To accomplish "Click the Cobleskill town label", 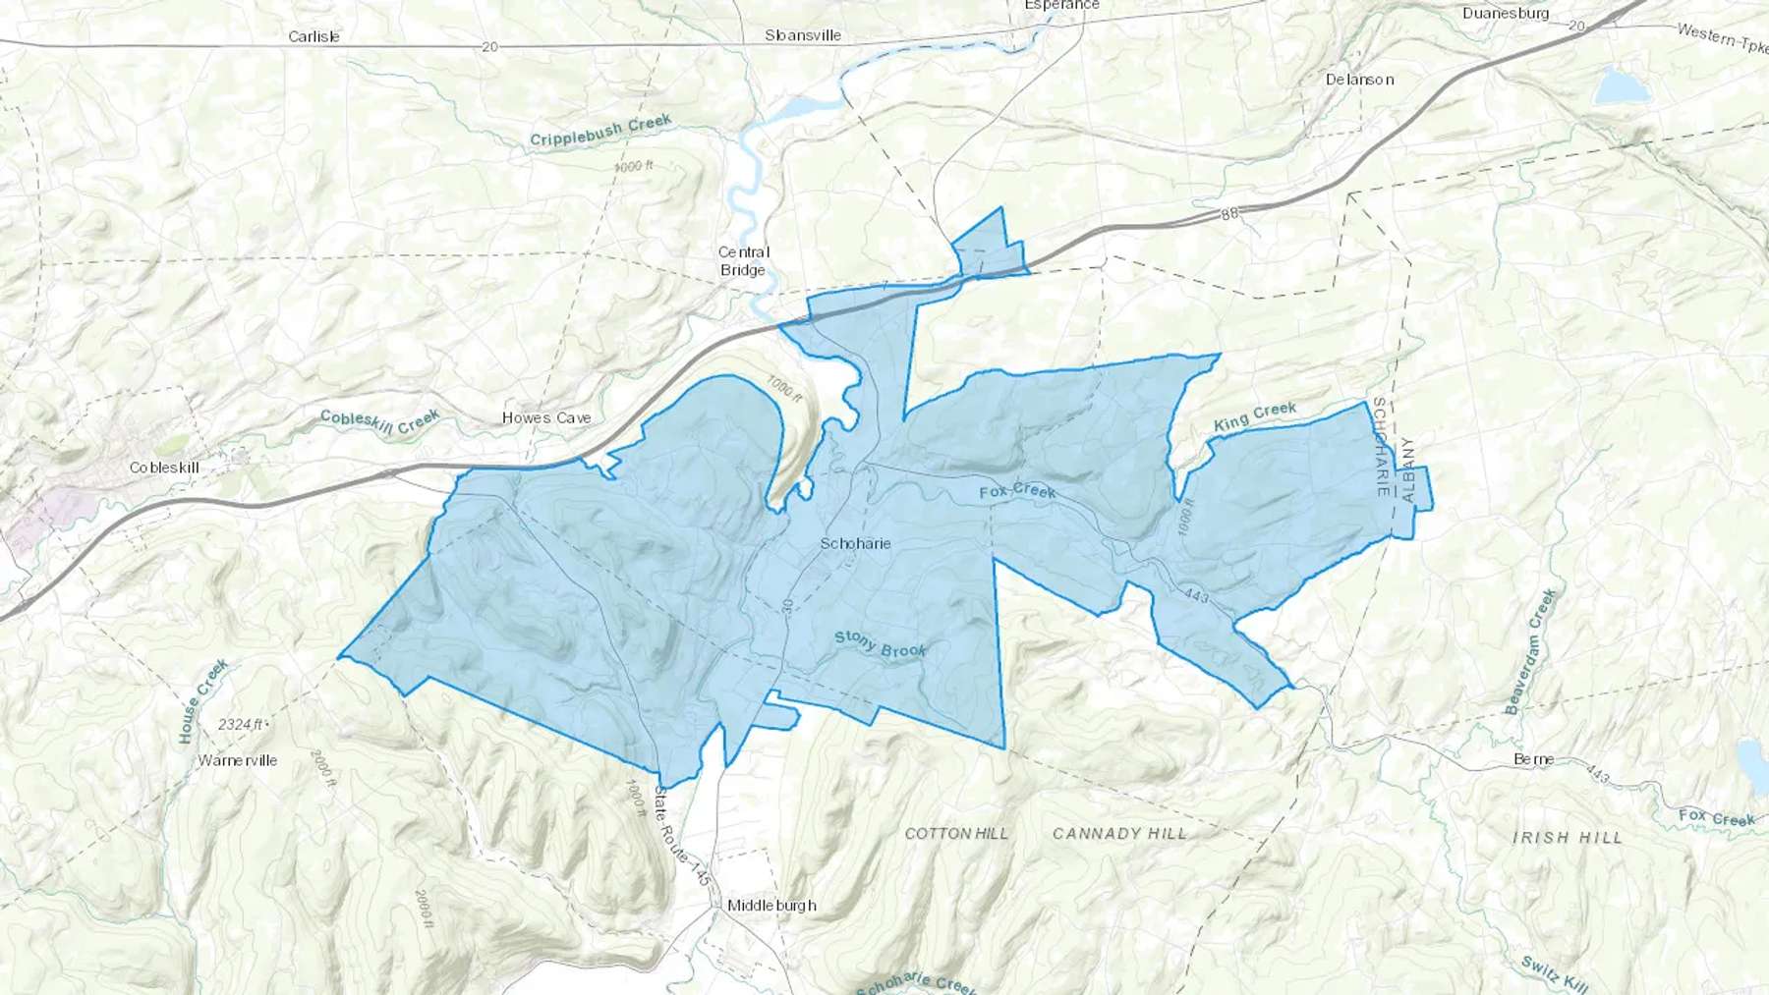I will (x=164, y=468).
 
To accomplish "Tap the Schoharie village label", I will (x=855, y=543).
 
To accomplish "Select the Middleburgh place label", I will (x=771, y=905).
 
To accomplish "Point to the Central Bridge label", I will (x=744, y=261).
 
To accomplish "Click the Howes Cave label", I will (x=546, y=417).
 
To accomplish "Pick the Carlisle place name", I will (x=314, y=36).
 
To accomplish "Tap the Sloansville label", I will (x=803, y=35).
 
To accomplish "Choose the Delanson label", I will (x=1359, y=80).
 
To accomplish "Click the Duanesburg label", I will (x=1505, y=14).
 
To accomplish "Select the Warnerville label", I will (x=238, y=760).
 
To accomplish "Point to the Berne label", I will (x=1533, y=759).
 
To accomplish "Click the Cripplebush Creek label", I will (x=600, y=131).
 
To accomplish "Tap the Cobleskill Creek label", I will (x=379, y=422).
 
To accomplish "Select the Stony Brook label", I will (x=881, y=644).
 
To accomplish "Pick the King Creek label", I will (x=1255, y=416).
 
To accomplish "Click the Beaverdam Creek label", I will (x=1530, y=651).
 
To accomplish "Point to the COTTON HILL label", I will (x=956, y=833).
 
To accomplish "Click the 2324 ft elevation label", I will (x=241, y=725).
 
